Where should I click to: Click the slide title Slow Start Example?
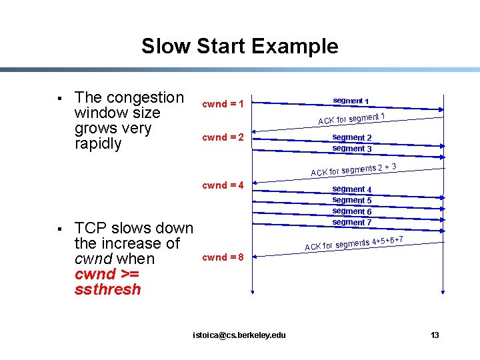click(239, 47)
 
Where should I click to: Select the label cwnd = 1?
click(223, 105)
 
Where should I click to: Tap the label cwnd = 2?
click(223, 138)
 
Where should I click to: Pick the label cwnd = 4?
click(223, 185)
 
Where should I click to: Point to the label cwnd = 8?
click(223, 257)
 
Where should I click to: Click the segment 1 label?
click(351, 101)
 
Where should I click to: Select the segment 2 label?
click(352, 138)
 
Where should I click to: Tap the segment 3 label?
click(352, 149)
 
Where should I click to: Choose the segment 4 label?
click(352, 189)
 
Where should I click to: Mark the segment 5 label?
click(352, 200)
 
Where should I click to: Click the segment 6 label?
click(352, 211)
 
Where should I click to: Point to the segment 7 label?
click(352, 222)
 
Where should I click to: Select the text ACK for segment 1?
click(352, 119)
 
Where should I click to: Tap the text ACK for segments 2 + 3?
click(353, 169)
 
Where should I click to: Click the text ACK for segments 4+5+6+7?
click(353, 243)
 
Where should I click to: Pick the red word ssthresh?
click(108, 289)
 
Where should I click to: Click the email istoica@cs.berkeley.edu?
click(239, 335)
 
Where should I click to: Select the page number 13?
click(435, 335)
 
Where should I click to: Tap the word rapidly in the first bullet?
click(99, 143)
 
